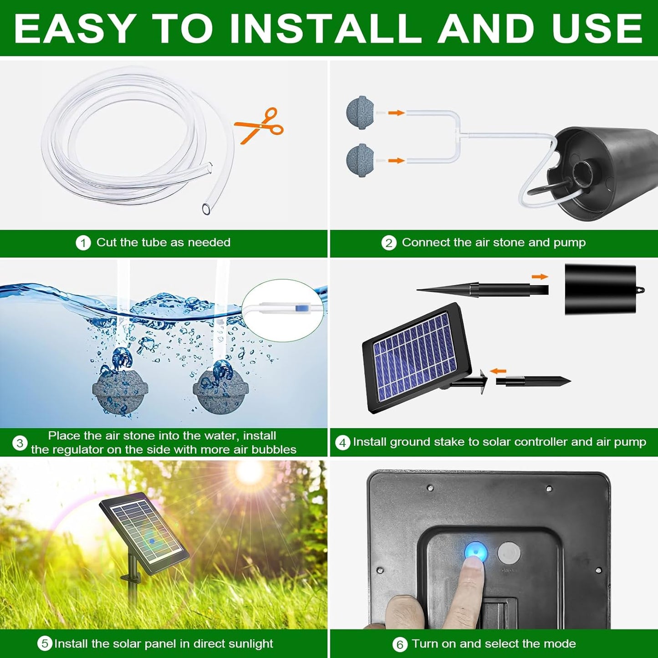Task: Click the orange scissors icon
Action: [x=259, y=126]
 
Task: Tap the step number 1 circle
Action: [x=83, y=243]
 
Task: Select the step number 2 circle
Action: [x=388, y=243]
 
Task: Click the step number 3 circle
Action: [x=20, y=443]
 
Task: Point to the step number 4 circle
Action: [x=342, y=442]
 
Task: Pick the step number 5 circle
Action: [x=45, y=643]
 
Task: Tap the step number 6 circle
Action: [x=399, y=644]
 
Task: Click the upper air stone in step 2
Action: [x=360, y=112]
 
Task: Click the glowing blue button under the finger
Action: [x=476, y=552]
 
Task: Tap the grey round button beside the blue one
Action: [x=509, y=553]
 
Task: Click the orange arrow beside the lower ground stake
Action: [x=498, y=371]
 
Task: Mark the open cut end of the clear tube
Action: [x=206, y=209]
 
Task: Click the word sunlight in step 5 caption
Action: [x=250, y=643]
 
